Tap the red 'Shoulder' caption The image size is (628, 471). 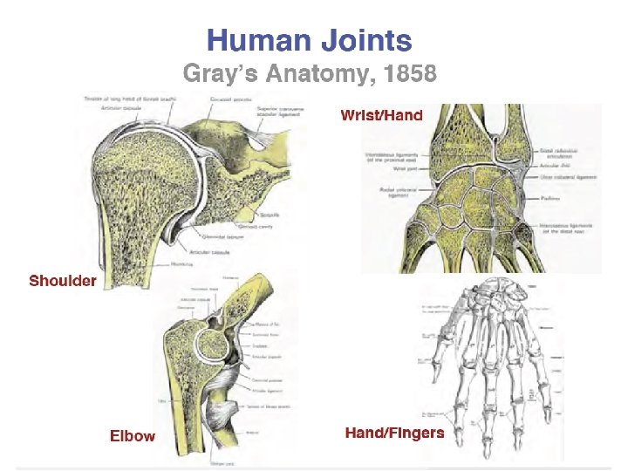coord(63,280)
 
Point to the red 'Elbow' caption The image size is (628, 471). coord(133,435)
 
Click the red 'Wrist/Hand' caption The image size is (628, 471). coord(381,115)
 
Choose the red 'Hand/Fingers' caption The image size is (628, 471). coord(394,433)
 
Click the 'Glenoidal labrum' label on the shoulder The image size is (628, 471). coord(222,235)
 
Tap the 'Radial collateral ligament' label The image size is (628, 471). coord(383,191)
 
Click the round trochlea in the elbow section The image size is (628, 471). coord(212,342)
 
